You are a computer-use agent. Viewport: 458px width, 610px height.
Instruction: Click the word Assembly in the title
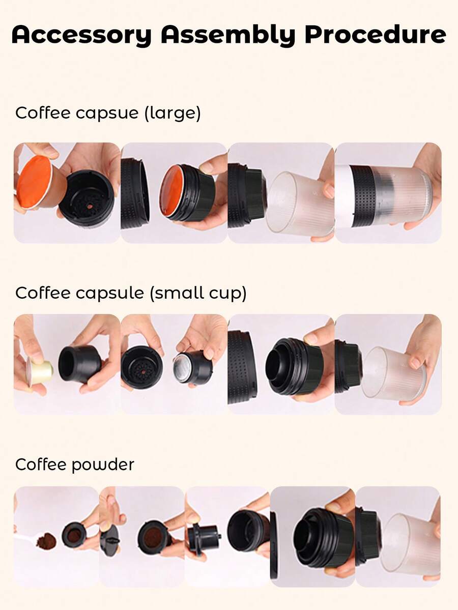coord(228,35)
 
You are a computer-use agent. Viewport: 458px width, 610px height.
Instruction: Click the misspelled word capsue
coord(107,113)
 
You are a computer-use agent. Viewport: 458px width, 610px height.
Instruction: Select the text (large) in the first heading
coord(173,113)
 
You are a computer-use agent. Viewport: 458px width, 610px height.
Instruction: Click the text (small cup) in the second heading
coord(198,293)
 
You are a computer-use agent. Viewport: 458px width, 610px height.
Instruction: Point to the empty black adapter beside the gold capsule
coord(80,364)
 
